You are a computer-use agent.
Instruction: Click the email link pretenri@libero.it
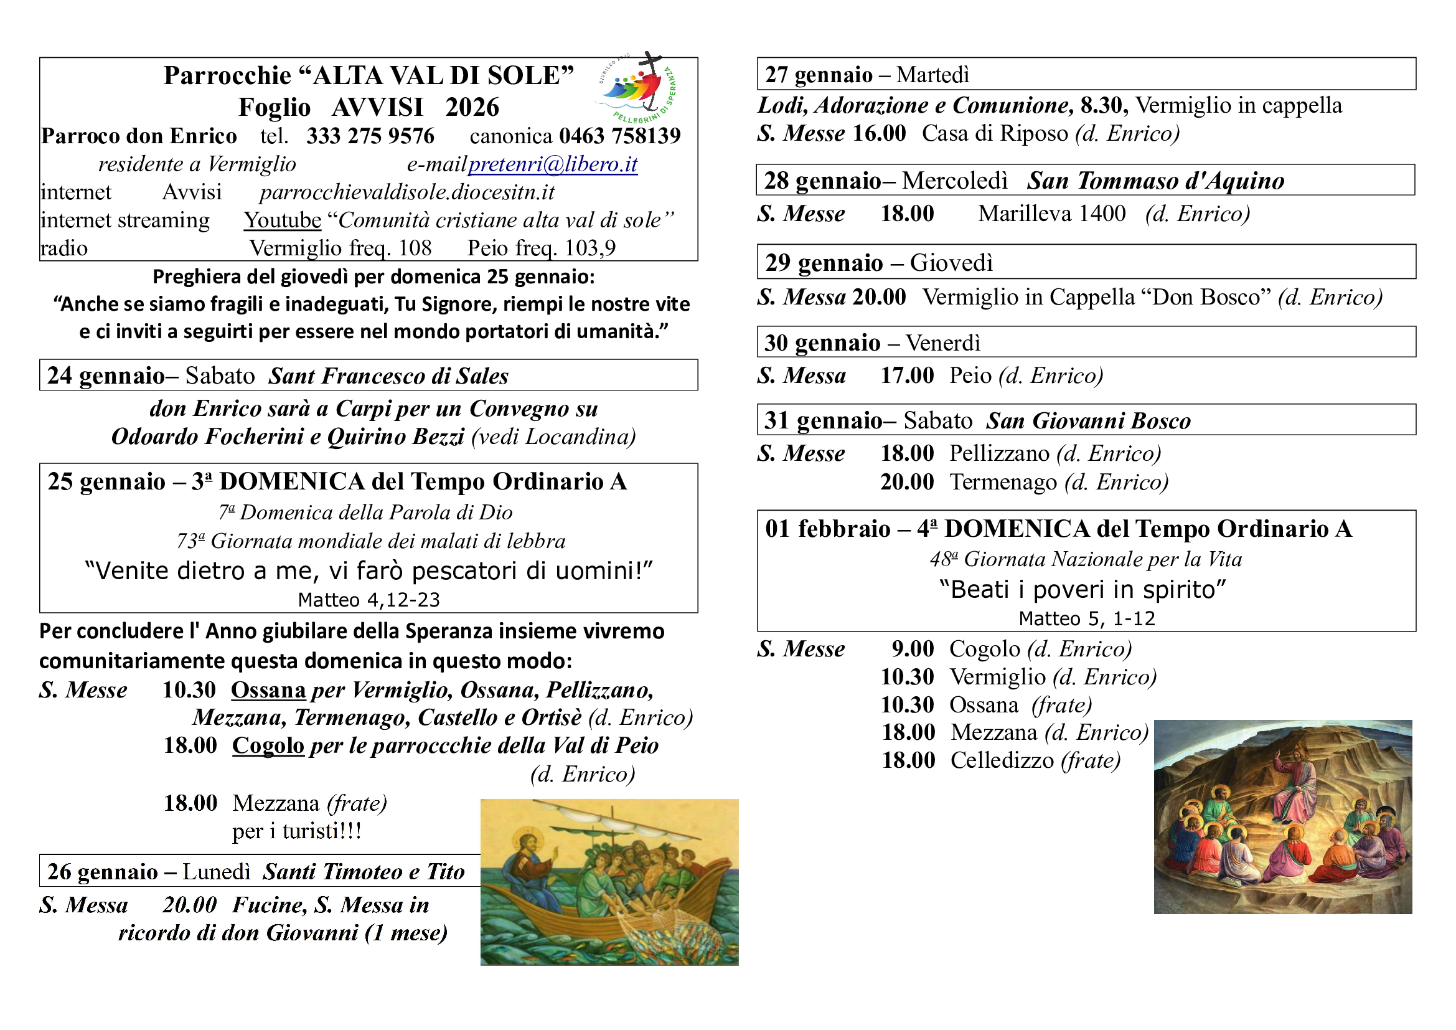552,164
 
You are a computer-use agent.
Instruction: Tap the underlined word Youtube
283,220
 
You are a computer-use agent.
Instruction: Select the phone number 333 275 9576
370,136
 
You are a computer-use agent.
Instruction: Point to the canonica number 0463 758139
619,136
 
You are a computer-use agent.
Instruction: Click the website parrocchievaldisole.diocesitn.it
406,192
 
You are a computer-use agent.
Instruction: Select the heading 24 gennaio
105,376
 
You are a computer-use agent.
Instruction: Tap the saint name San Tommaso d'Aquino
1155,181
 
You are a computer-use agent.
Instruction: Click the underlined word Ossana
268,690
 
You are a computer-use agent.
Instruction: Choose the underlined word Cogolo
268,746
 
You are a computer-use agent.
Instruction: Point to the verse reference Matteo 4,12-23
369,600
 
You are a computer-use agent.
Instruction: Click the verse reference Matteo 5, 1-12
1086,619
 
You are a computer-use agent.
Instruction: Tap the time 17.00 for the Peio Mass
907,376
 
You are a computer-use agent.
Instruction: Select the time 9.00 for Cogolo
913,649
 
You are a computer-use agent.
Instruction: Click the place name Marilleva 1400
1051,214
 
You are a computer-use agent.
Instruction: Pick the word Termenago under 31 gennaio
1003,483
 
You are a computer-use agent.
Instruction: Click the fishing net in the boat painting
653,929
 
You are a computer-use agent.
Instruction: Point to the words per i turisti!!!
297,831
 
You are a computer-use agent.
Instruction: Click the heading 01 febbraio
827,529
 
